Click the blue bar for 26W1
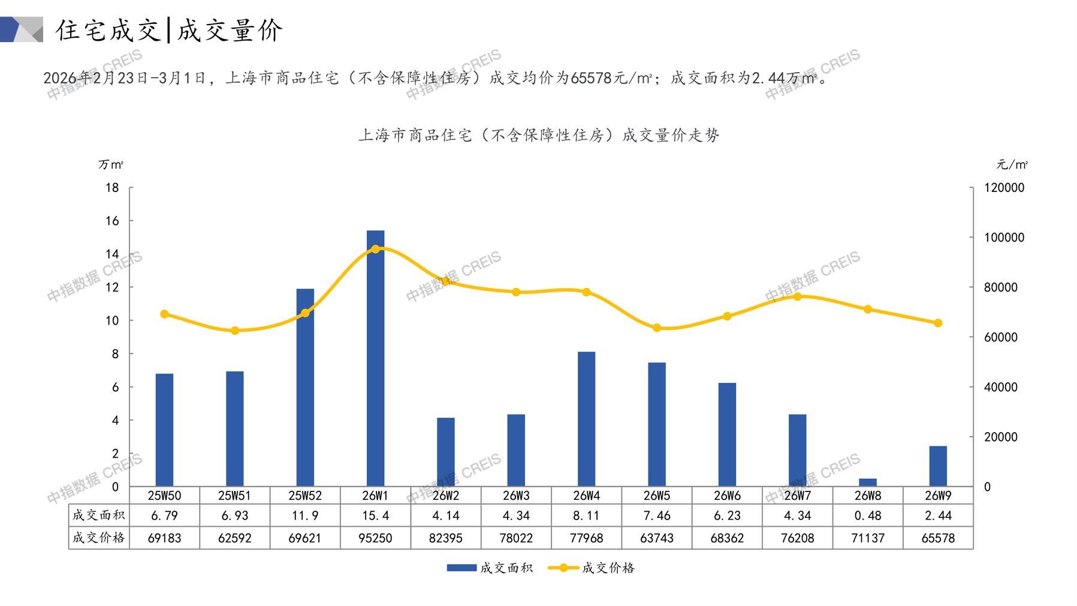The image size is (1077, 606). [375, 358]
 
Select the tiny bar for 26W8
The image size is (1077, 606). [867, 482]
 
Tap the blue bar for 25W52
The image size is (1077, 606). [305, 387]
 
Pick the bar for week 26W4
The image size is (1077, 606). [586, 419]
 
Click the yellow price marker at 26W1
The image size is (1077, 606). [375, 249]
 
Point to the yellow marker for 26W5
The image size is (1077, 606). [657, 328]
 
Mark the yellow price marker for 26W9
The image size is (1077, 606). [938, 323]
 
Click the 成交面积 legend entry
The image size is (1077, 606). [490, 568]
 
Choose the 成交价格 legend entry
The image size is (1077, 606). [592, 568]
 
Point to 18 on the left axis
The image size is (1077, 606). [112, 188]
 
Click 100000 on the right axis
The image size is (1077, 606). [1004, 238]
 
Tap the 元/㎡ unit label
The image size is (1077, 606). [1012, 164]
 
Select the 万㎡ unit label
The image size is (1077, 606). [111, 164]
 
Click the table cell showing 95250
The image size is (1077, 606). [375, 538]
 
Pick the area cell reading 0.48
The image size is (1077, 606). [867, 515]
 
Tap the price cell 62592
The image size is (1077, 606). [234, 538]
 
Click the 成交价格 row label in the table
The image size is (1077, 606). [98, 538]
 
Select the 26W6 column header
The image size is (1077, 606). [727, 496]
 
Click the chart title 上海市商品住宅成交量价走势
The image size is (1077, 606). [538, 136]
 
